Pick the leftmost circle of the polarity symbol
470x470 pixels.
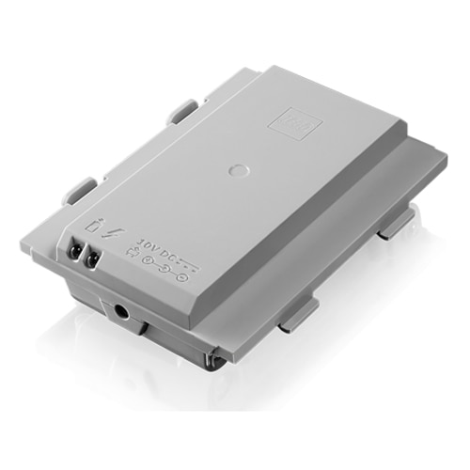(x=151, y=267)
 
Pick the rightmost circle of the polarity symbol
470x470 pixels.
(x=181, y=277)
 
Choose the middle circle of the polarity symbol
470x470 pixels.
(x=166, y=273)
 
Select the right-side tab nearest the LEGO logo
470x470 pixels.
(x=397, y=222)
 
